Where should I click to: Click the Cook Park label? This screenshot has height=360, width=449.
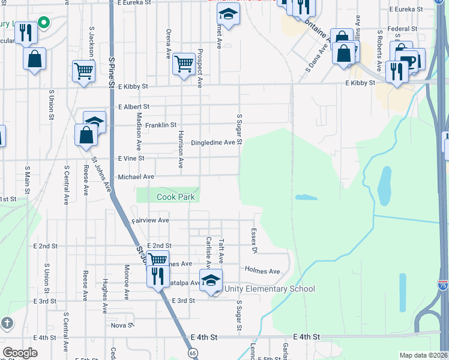176,197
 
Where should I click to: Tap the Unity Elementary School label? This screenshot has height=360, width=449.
270,289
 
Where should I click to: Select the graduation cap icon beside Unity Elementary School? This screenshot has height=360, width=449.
211,280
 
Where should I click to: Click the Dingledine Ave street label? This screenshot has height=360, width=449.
213,143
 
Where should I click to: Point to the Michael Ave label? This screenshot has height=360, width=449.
136,177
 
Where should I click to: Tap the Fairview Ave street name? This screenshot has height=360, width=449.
151,221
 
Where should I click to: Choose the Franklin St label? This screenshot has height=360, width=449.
161,125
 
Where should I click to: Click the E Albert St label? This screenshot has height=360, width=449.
133,106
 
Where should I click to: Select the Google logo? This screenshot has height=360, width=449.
20,353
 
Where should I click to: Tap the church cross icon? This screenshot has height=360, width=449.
7,323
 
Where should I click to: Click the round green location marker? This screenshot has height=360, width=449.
43,24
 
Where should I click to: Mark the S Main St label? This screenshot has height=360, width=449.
26,180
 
